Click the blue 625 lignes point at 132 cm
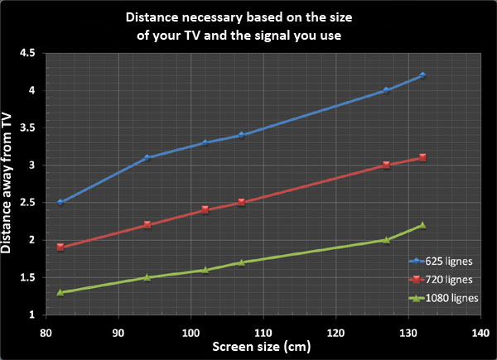(422, 75)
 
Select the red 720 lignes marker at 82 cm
(60, 247)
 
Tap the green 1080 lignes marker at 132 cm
(422, 225)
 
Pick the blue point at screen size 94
(147, 157)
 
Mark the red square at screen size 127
(386, 166)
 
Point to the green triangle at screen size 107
(241, 262)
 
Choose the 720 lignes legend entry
(445, 279)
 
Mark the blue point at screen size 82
(60, 203)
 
